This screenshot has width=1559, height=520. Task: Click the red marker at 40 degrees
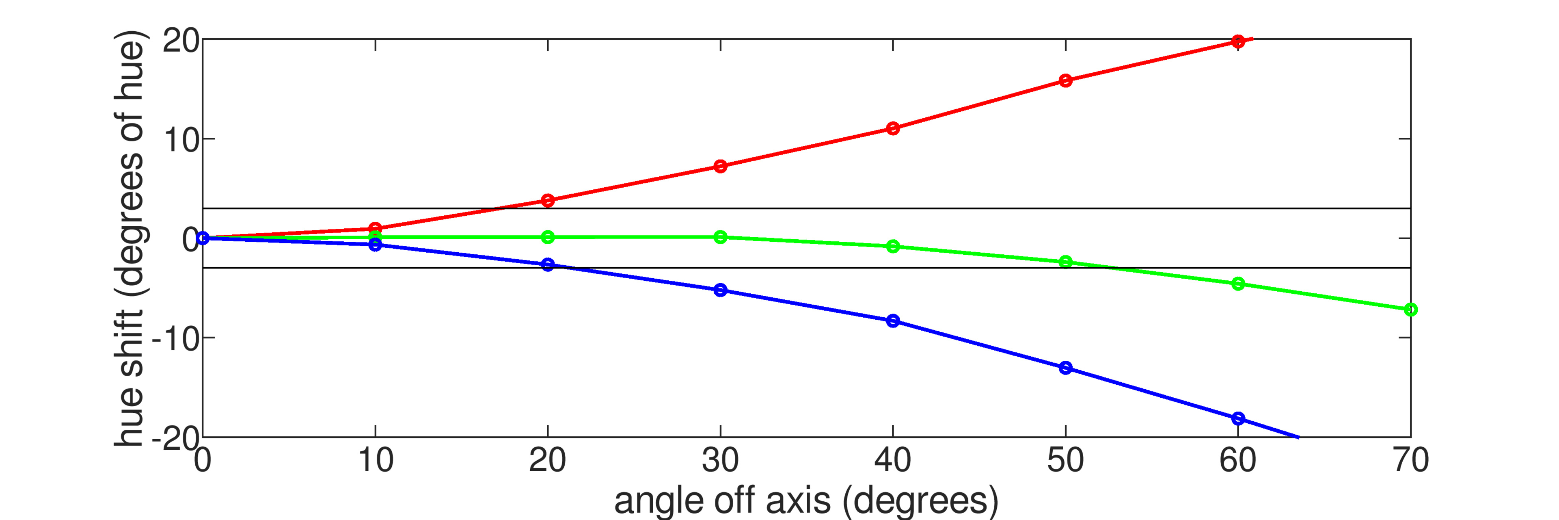pos(893,128)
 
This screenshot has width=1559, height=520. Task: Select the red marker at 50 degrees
pos(1066,80)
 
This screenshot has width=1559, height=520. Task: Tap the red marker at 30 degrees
pos(720,166)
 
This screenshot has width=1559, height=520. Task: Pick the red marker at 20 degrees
pos(548,200)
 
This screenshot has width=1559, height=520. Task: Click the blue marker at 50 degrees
pos(1066,367)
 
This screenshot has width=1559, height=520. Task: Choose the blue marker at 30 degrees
pos(720,290)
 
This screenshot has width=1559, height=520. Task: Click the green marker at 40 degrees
pos(893,246)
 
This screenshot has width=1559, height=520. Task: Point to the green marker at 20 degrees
pos(548,237)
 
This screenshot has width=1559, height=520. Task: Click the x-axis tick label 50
pos(1065,461)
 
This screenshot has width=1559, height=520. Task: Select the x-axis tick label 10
pos(375,461)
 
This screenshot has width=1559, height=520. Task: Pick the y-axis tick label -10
pos(175,340)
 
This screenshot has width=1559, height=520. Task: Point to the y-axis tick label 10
pos(180,141)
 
